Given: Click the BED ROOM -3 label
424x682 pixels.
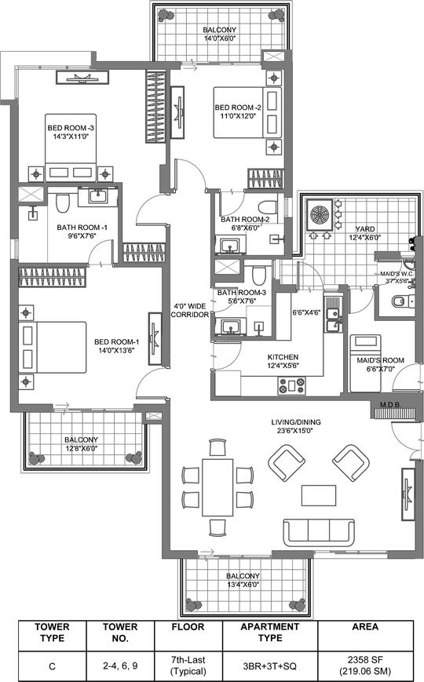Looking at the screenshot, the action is tap(71, 128).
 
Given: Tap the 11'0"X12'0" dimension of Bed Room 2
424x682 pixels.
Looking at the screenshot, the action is tap(238, 116).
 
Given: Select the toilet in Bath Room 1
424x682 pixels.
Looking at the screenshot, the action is tap(63, 203).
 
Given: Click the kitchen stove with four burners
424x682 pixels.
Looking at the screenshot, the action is tap(291, 386).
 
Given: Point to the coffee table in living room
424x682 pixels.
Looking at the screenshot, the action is tap(318, 495).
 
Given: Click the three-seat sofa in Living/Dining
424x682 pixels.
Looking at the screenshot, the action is tap(318, 532).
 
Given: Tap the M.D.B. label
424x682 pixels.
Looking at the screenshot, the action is tap(390, 404).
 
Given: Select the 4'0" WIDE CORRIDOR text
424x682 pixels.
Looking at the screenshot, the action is tap(189, 310).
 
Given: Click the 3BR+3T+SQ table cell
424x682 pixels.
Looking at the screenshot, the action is tap(270, 666).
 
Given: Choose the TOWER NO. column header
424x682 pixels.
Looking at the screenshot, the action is tap(120, 633).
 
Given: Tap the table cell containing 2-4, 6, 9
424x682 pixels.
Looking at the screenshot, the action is tap(120, 666).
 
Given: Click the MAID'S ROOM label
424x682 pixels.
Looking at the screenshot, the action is tap(381, 360).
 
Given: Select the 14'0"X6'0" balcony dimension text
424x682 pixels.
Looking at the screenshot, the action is tap(220, 38).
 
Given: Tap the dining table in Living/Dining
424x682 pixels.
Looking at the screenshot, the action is tap(217, 487).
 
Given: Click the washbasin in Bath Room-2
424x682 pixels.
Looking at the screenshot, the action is tap(228, 246).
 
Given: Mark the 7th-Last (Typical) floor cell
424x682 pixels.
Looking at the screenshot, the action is tap(188, 666).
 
